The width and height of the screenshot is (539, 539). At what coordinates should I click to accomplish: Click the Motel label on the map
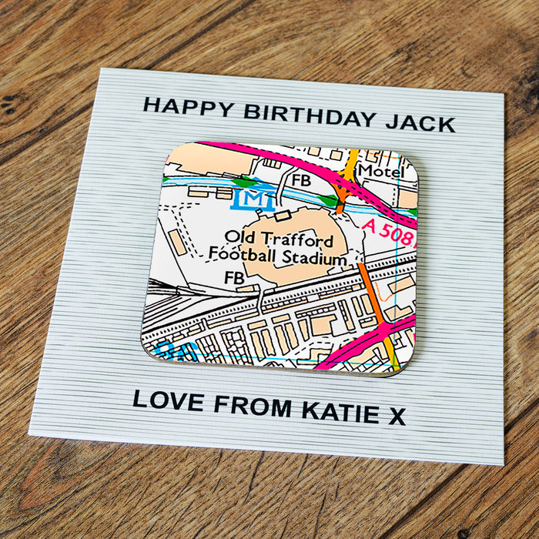coord(381,171)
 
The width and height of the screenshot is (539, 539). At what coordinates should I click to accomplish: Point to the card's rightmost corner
coord(505,95)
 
